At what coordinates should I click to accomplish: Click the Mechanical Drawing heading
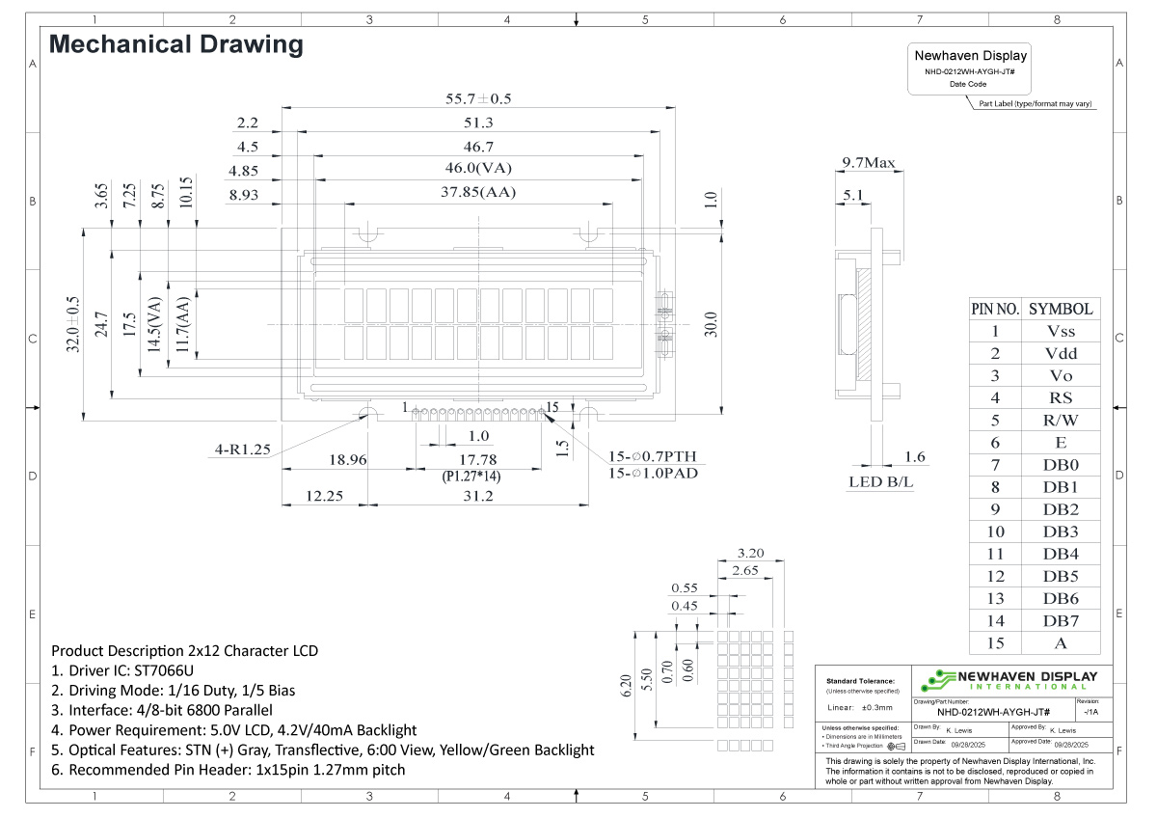175,44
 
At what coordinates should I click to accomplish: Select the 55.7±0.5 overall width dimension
478,98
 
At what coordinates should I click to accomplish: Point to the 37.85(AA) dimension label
478,192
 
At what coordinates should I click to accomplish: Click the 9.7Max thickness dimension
868,163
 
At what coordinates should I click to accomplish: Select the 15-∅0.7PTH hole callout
652,456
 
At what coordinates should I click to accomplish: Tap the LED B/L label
880,481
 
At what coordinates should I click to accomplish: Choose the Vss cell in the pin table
1060,331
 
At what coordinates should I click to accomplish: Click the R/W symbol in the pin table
1060,420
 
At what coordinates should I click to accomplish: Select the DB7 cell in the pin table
1060,620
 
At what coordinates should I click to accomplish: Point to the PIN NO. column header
994,309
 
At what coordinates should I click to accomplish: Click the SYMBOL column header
1060,309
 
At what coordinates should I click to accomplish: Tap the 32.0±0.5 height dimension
73,325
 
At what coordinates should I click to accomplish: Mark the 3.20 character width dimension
749,554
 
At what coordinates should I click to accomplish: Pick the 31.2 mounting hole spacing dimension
478,496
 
